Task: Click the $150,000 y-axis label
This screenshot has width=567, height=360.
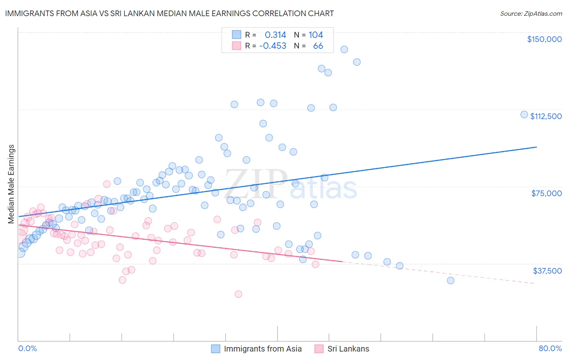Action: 544,39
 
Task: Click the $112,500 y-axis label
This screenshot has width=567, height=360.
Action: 546,116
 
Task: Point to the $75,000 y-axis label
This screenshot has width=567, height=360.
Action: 546,193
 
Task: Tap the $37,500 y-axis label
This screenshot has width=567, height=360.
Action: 547,271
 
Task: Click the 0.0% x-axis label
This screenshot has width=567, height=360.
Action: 27,348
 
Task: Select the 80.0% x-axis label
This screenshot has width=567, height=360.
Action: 550,348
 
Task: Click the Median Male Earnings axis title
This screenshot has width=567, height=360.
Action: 11,184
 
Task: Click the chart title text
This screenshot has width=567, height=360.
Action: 169,13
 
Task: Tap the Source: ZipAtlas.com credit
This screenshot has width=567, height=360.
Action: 531,13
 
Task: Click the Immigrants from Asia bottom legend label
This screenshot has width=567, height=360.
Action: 263,349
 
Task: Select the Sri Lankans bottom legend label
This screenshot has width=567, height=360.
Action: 348,349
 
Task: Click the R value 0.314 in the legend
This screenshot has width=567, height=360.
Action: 275,35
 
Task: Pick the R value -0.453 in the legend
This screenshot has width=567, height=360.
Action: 273,46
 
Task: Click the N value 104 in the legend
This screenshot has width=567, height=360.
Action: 316,35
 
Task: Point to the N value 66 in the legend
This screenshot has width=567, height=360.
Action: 318,46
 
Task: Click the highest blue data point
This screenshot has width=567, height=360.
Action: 344,49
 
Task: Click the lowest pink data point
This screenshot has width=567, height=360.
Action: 238,294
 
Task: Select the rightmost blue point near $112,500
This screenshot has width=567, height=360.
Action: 524,115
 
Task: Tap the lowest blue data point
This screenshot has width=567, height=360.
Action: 450,280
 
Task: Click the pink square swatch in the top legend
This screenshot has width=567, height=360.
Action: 236,46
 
